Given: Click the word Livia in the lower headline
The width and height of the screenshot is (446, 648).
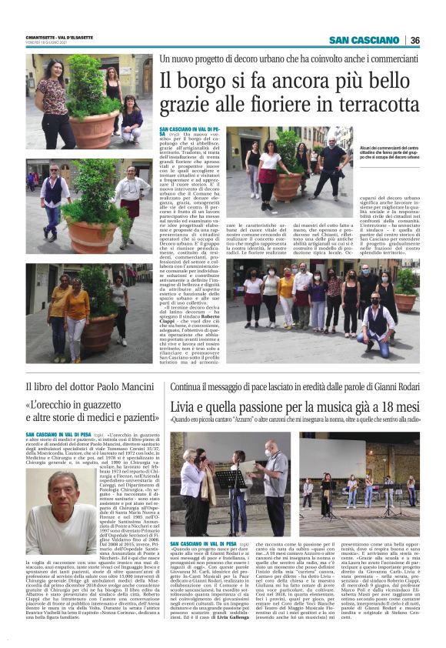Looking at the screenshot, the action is [x=185, y=406].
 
